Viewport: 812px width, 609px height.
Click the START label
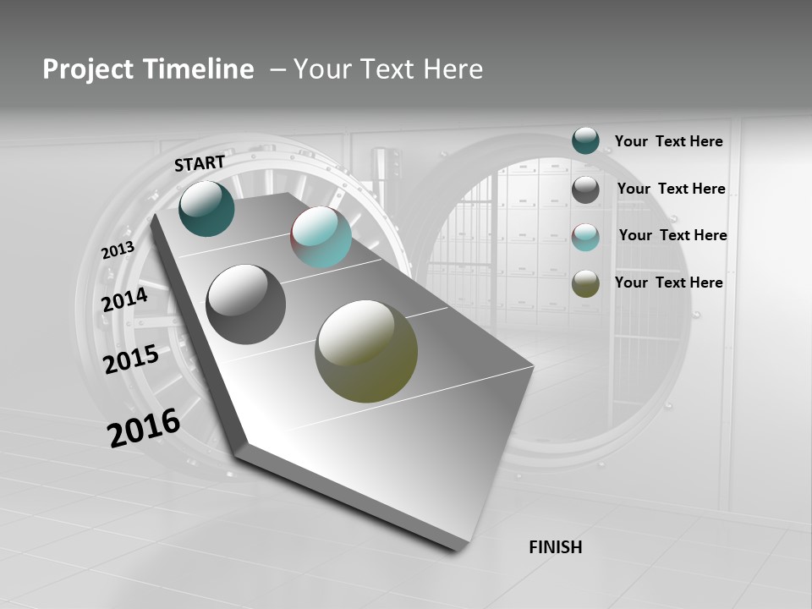tap(200, 162)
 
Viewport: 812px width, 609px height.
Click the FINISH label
tap(555, 547)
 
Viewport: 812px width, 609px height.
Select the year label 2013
tap(118, 250)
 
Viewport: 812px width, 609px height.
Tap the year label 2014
tap(125, 299)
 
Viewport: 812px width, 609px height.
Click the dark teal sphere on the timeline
tap(207, 208)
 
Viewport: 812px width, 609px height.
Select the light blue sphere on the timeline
tap(321, 237)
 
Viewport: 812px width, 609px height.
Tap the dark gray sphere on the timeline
tap(246, 304)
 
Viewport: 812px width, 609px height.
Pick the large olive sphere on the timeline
tap(366, 351)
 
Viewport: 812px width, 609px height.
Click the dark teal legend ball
tap(585, 140)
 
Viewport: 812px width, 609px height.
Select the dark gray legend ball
tap(585, 189)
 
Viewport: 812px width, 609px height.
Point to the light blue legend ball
tap(585, 237)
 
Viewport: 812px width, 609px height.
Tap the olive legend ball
tap(585, 283)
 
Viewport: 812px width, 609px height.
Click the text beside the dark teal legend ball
tap(668, 141)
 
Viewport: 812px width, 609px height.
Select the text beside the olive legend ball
tap(668, 283)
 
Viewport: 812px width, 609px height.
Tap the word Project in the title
tap(81, 69)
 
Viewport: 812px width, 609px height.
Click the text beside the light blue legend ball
tap(672, 235)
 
